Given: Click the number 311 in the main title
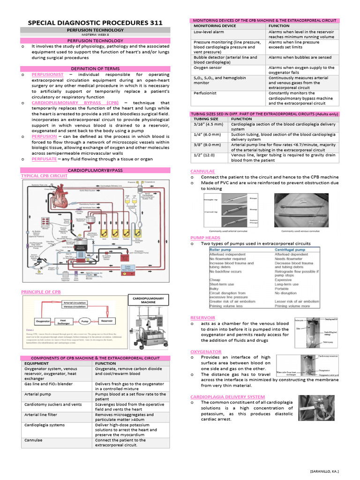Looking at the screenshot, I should pyautogui.click(x=151, y=22).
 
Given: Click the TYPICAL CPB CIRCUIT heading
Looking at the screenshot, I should pyautogui.click(x=45, y=176).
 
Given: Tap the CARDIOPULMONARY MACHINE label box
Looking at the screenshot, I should pyautogui.click(x=148, y=300).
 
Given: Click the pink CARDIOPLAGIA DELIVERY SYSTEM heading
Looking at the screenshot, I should pyautogui.click(x=227, y=397).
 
